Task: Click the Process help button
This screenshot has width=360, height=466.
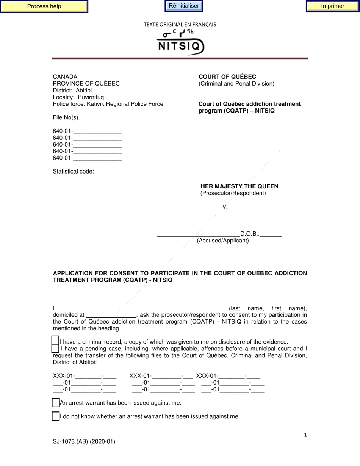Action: coord(44,6)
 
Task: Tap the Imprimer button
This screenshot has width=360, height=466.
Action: coord(332,6)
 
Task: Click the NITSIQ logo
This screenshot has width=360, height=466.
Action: coord(180,43)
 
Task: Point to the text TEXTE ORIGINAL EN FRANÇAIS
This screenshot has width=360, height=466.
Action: coord(180,24)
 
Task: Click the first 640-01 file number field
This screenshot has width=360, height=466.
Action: coord(97,131)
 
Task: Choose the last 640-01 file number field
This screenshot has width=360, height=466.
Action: coord(97,158)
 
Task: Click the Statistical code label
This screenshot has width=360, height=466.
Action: coord(73,172)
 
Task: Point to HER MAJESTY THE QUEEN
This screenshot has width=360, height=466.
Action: coord(239,186)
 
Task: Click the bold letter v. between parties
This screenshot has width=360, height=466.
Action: coord(225,206)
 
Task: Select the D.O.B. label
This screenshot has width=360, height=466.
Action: coord(250,234)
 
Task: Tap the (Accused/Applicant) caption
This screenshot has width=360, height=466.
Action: coord(223,241)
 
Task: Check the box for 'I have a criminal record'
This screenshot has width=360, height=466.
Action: coord(55,341)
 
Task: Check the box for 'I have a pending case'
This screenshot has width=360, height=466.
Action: coord(55,348)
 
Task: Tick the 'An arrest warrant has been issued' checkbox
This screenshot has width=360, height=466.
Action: coord(55,402)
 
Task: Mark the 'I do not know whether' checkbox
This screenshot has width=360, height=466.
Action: coord(55,416)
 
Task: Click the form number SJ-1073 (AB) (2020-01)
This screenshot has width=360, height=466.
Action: coord(84,441)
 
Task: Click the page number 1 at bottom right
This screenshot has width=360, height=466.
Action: coord(305,435)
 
